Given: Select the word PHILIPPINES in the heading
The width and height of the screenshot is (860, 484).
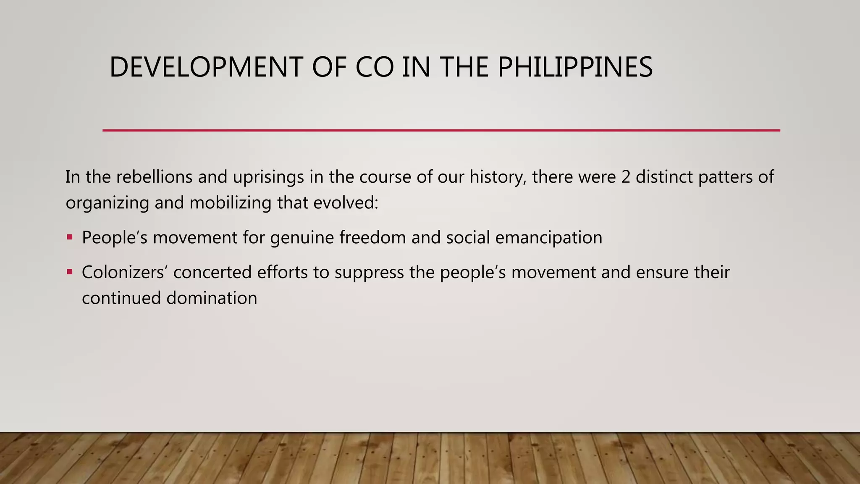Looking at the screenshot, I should [x=575, y=67].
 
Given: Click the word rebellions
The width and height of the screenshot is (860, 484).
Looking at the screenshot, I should [x=154, y=177].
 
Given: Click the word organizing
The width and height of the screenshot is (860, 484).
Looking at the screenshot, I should [x=107, y=203].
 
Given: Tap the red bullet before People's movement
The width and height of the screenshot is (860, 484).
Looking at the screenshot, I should [x=70, y=237].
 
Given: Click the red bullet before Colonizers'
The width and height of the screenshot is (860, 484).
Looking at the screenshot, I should [x=70, y=272].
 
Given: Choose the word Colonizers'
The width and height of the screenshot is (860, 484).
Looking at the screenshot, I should [x=125, y=272].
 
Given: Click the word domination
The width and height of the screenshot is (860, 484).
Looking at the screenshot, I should [x=212, y=298].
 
